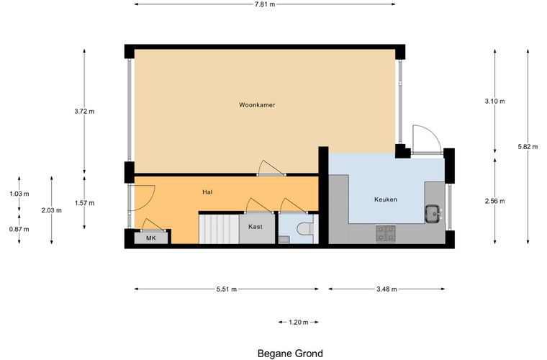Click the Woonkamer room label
pos(257,104)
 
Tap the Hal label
pos(207,192)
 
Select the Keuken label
pos(386,199)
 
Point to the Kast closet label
pos(256,227)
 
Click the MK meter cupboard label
pos(151,238)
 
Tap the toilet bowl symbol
pos(305,229)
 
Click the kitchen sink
pos(433,214)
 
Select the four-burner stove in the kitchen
pos(386,233)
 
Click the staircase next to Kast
pos(219,229)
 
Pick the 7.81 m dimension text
pos(265,4)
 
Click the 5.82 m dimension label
pos(528,147)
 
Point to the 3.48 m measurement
pos(386,289)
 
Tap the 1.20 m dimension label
pos(298,323)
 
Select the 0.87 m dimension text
pos(19,229)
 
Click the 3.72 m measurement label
pos(84,112)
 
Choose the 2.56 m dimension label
pos(494,201)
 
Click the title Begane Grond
pos(290,354)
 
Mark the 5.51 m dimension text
pos(227,289)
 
